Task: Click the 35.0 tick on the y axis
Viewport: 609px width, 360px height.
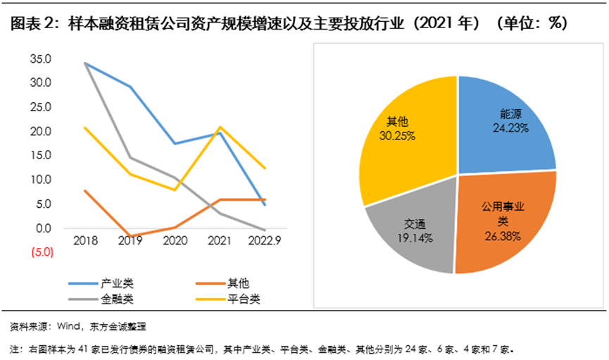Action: tap(42, 58)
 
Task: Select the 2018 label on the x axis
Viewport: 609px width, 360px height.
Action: tap(84, 241)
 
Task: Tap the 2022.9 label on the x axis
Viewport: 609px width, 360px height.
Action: tap(264, 241)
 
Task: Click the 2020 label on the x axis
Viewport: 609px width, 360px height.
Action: tap(175, 241)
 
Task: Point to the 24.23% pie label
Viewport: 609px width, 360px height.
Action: tap(510, 128)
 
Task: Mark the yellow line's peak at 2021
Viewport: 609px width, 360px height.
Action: tap(220, 127)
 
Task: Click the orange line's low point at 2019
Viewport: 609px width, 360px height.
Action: tap(130, 236)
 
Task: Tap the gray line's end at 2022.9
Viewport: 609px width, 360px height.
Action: tap(265, 230)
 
